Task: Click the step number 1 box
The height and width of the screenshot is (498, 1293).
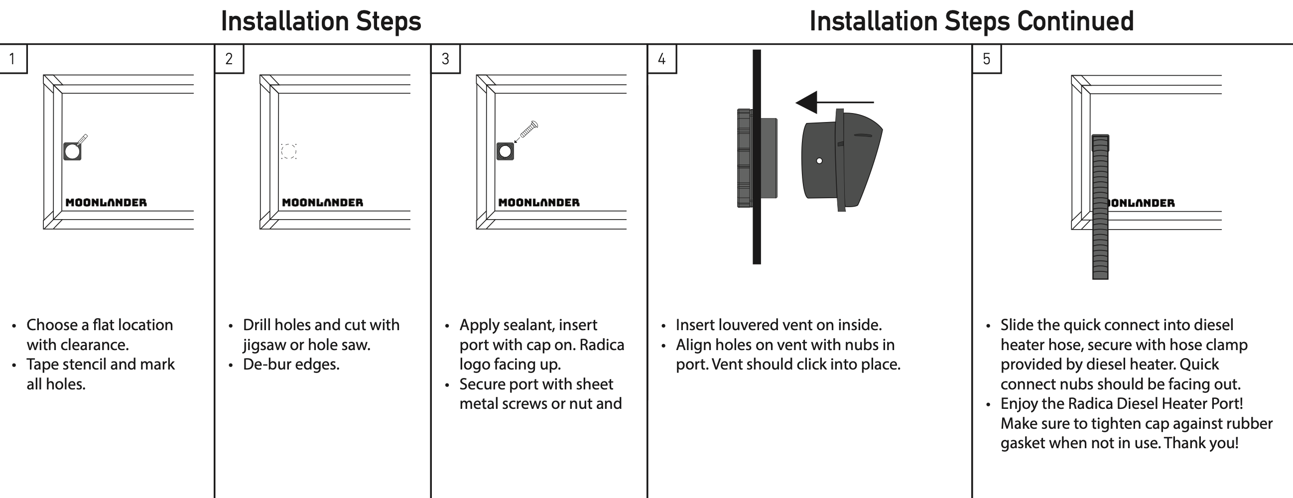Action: (12, 59)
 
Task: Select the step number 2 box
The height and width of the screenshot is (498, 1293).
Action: (229, 59)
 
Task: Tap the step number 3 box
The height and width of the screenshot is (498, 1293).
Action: (445, 59)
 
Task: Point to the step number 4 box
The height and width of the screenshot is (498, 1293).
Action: (661, 59)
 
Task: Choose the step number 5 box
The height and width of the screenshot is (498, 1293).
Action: (986, 59)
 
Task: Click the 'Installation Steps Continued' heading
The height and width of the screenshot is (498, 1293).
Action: (971, 21)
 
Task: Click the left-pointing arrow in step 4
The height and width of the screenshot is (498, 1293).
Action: (833, 102)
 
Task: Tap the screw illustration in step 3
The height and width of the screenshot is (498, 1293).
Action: (528, 129)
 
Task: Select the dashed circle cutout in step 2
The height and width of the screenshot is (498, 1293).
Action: (288, 151)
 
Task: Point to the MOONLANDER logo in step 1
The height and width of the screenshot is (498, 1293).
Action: (106, 202)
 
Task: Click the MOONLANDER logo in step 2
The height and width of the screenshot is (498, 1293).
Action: (322, 202)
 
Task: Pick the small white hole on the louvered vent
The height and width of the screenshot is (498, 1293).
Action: (819, 161)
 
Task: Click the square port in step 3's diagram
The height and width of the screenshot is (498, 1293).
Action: (505, 151)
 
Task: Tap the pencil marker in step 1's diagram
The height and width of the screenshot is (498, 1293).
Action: (82, 139)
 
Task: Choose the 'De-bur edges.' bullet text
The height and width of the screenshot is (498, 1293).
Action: (291, 365)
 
